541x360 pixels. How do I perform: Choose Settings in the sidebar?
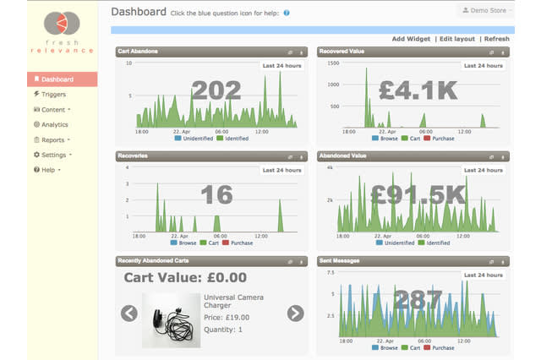click(53, 155)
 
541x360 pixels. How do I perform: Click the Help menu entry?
click(47, 170)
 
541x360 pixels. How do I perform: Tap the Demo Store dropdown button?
click(485, 11)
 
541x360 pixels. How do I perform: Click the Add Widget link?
click(411, 39)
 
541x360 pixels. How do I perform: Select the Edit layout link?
click(456, 39)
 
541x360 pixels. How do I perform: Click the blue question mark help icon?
click(287, 14)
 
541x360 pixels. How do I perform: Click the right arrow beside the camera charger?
click(295, 314)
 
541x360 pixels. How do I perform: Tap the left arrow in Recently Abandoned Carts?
click(128, 314)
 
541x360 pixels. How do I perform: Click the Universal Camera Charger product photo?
click(172, 319)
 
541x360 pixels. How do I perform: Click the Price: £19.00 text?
click(227, 316)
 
